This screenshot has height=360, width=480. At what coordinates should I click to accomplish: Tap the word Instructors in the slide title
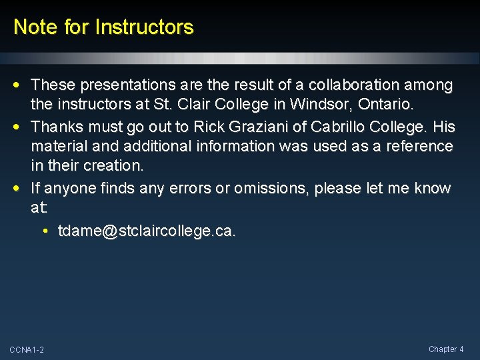pos(145,27)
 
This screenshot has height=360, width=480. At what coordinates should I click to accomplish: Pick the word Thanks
pos(57,126)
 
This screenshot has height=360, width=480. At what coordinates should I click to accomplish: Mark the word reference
pos(420,146)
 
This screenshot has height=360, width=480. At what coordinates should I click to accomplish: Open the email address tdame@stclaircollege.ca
pos(147,231)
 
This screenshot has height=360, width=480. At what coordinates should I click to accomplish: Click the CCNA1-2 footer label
pos(27,350)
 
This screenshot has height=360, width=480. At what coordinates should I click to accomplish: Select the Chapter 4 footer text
pos(446,349)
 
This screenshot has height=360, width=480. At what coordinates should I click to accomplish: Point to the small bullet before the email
pos(44,231)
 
